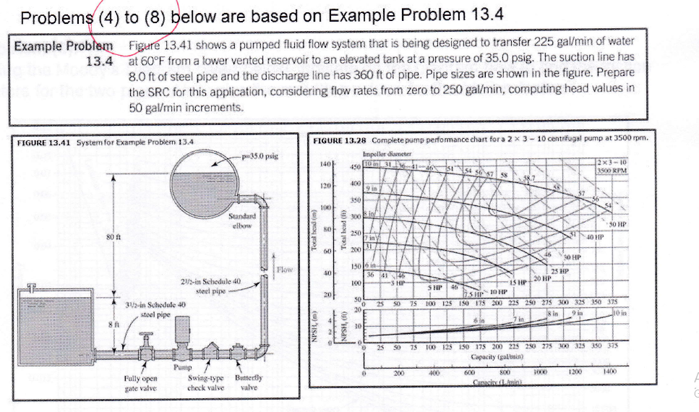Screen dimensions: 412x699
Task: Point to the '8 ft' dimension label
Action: tap(111, 325)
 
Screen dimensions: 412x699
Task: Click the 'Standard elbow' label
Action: tap(241, 220)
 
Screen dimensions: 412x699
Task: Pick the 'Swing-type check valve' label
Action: tap(205, 382)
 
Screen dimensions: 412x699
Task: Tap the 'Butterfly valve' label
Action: tap(248, 382)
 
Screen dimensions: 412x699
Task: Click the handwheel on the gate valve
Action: tap(147, 335)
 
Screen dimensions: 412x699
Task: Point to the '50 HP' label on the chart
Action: tap(617, 226)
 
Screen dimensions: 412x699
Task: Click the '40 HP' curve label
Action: tap(594, 237)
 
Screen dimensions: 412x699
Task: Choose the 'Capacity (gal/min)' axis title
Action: tap(493, 358)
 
